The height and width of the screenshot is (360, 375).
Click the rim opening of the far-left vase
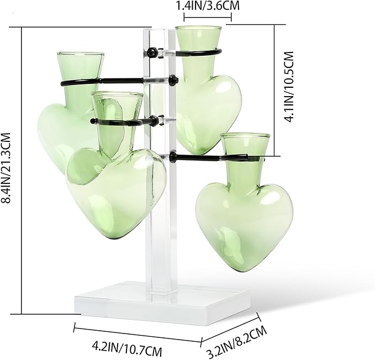pyautogui.click(x=80, y=55)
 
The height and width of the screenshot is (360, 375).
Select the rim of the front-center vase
pyautogui.click(x=117, y=95)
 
